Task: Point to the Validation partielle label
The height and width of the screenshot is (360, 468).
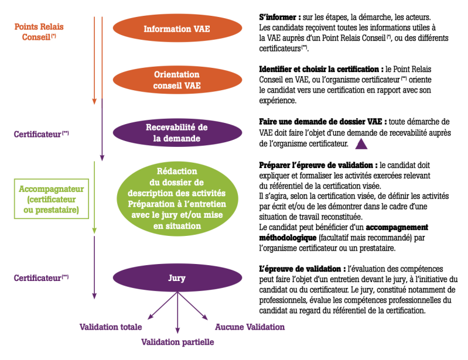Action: (x=177, y=342)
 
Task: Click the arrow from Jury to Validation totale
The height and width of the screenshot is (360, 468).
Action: (x=158, y=307)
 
